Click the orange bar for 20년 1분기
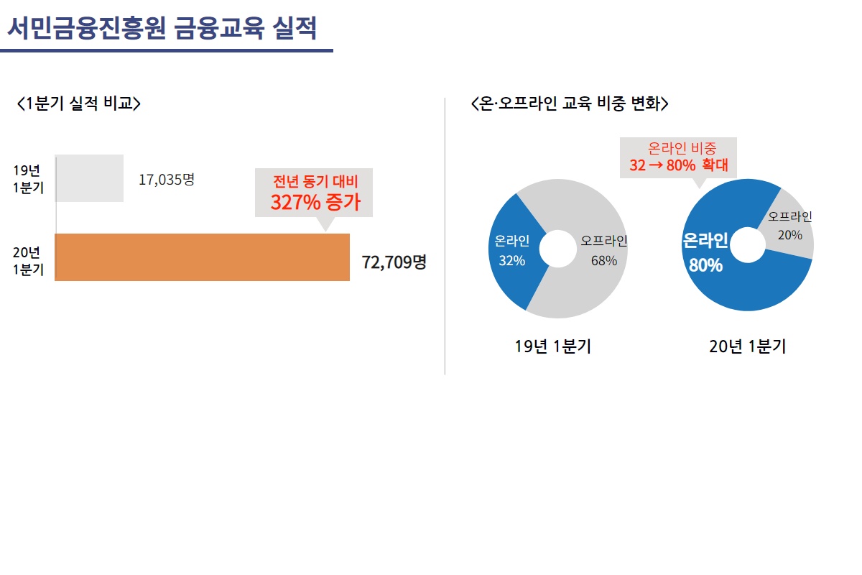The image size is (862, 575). click(x=202, y=257)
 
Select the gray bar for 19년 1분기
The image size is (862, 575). click(x=89, y=178)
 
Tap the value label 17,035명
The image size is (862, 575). click(x=166, y=180)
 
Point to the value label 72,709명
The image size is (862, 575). click(x=394, y=262)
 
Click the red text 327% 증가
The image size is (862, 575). click(x=315, y=202)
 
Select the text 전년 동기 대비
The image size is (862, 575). click(x=315, y=181)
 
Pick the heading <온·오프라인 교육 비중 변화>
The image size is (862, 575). click(x=569, y=103)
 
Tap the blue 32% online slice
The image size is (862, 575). click(x=511, y=252)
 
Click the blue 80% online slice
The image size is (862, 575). click(x=718, y=280)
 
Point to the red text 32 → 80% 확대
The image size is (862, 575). click(x=678, y=165)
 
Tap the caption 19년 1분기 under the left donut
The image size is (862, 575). click(x=553, y=346)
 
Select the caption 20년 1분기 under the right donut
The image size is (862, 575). click(x=747, y=346)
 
